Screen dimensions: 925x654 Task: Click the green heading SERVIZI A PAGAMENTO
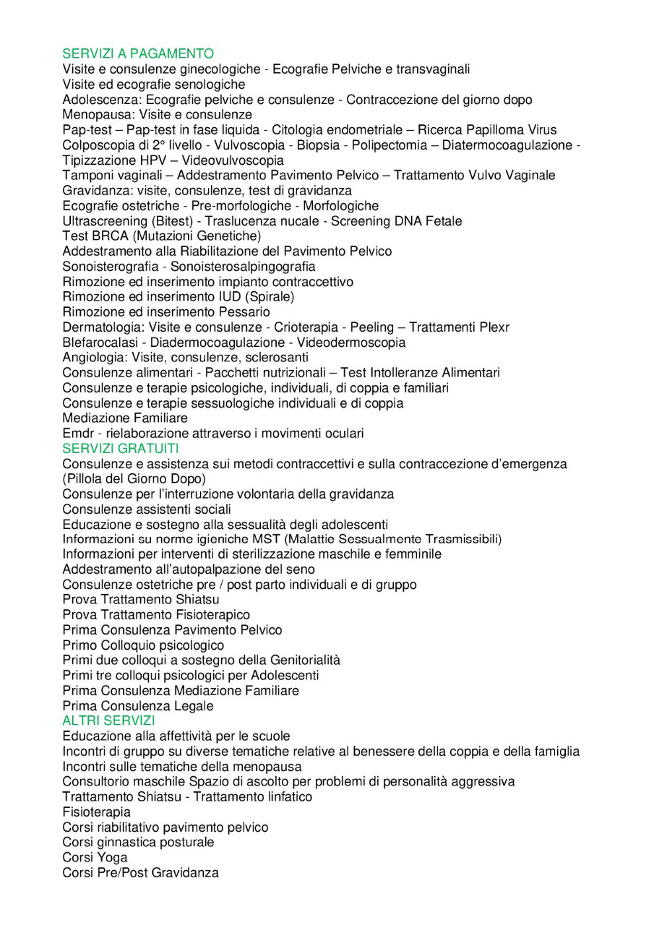click(x=138, y=53)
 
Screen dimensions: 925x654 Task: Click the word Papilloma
click(x=492, y=129)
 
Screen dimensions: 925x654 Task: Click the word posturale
click(x=187, y=843)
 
